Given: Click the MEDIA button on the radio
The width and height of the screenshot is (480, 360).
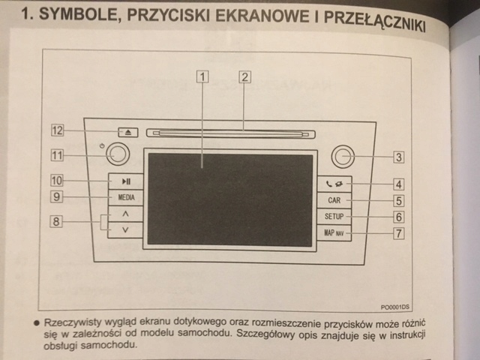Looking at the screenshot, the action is tap(126, 197).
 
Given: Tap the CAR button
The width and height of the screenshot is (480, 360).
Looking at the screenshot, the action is tap(334, 201).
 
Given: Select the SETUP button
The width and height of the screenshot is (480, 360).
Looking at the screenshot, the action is tap(334, 217).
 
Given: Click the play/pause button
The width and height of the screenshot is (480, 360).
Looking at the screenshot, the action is tap(126, 181).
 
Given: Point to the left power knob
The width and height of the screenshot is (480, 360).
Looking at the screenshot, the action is tap(117, 155).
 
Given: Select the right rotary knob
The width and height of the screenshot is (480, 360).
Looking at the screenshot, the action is tap(341, 157).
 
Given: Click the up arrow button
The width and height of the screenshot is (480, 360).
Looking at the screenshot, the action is tap(126, 214).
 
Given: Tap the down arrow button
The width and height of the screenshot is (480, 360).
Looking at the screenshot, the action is tap(126, 229).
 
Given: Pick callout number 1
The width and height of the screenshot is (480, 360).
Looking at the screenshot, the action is tap(203, 76).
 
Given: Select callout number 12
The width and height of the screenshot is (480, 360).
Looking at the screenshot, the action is tap(57, 130).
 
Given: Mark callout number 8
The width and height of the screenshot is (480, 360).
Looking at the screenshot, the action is tap(57, 221).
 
